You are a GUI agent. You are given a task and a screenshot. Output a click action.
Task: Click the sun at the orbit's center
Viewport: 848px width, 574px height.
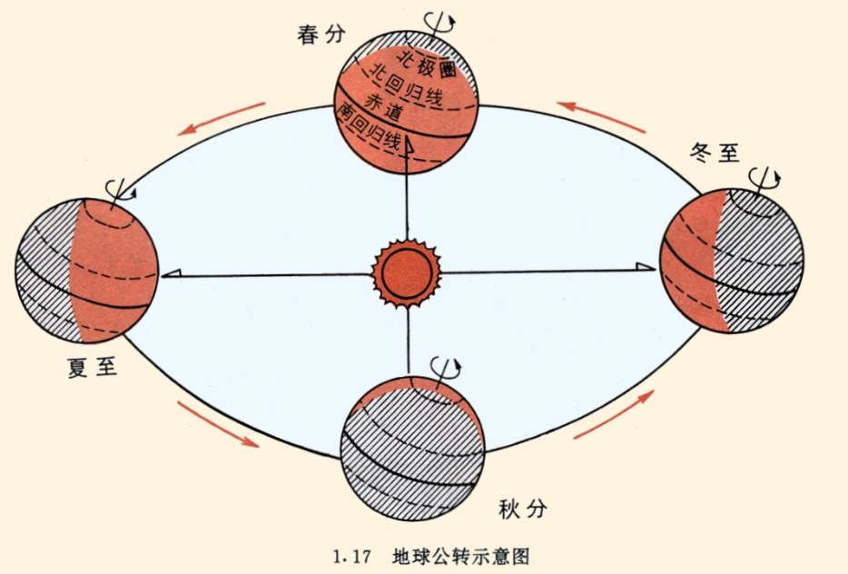click(406, 273)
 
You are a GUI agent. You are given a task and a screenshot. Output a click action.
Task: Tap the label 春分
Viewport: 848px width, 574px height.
click(320, 35)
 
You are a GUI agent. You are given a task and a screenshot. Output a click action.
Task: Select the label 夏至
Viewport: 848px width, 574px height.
click(93, 367)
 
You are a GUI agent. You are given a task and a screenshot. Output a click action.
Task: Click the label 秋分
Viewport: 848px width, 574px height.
click(522, 509)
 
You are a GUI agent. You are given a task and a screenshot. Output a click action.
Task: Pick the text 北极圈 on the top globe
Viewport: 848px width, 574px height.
click(427, 63)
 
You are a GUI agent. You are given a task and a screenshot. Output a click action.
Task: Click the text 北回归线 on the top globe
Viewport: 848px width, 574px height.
click(408, 86)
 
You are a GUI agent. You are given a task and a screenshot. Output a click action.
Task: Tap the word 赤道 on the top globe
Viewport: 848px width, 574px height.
click(383, 105)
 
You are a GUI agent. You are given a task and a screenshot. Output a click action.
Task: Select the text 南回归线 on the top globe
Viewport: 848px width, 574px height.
click(368, 128)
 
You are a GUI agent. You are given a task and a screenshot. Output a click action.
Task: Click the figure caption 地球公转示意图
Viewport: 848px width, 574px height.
click(461, 556)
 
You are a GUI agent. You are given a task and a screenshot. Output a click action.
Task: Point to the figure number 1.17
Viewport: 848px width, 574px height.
click(351, 557)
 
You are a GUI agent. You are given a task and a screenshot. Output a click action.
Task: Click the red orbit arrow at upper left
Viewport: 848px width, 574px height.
click(222, 119)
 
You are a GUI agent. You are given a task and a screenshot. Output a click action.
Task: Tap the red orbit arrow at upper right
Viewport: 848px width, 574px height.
click(601, 117)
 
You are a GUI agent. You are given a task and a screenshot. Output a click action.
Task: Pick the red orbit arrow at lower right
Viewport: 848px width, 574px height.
click(613, 414)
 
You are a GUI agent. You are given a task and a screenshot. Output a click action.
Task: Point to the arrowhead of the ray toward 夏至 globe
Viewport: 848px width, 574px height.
click(172, 273)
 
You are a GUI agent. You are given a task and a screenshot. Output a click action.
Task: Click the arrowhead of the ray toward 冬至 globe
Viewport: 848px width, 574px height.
click(646, 266)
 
